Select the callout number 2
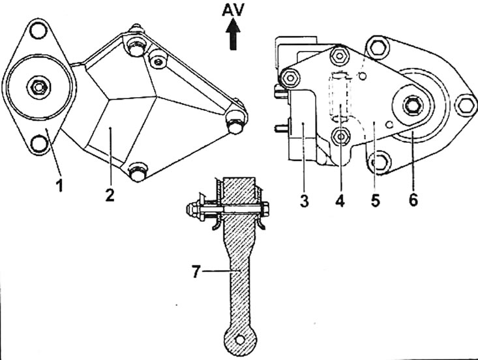point(110,194)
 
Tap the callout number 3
point(305,200)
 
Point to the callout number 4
point(339,200)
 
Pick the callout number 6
point(413,200)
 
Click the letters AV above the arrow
point(234,12)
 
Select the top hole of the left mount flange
point(39,30)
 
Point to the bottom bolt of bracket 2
point(136,173)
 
